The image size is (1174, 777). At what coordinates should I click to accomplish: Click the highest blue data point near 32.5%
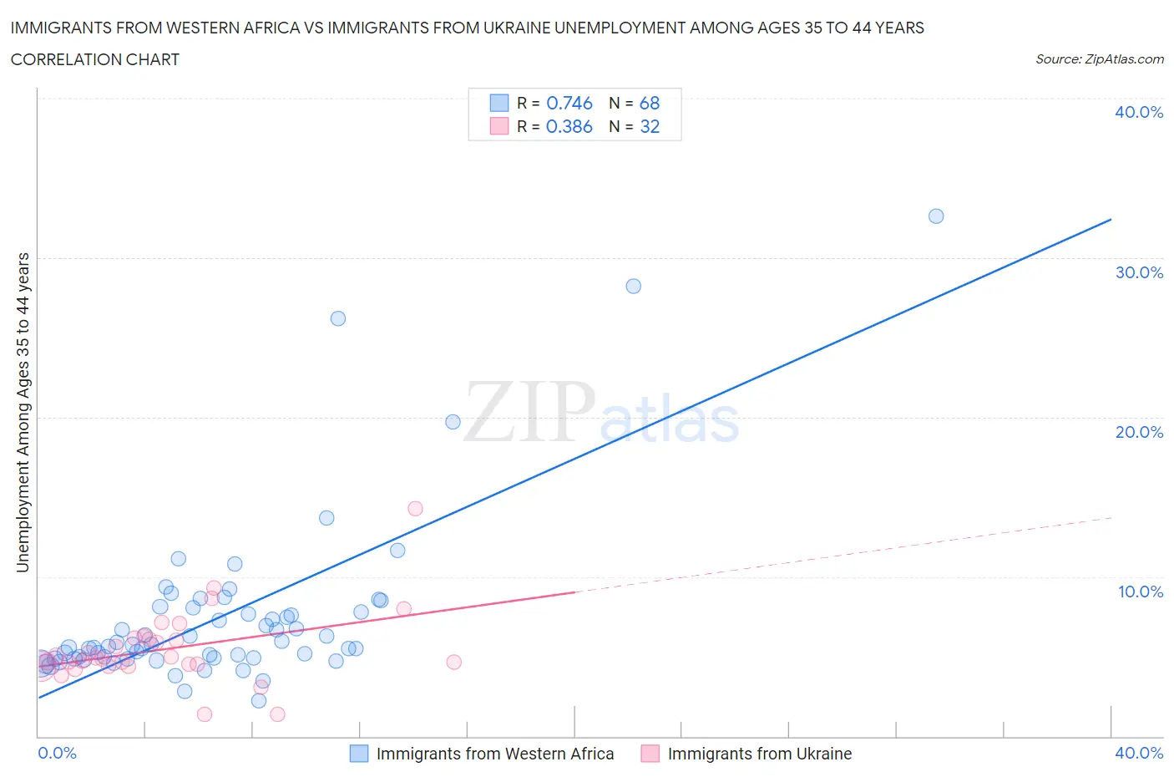(936, 216)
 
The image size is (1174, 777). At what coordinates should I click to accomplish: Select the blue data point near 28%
(634, 287)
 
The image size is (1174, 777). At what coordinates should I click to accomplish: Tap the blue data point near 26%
(338, 318)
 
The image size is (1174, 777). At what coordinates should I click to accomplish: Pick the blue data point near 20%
(453, 422)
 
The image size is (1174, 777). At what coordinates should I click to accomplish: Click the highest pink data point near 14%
(415, 509)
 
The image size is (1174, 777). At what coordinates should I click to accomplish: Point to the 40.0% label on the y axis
(1139, 112)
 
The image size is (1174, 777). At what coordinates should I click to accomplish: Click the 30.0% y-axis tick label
(1139, 272)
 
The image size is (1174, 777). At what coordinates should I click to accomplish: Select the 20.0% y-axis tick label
(1139, 432)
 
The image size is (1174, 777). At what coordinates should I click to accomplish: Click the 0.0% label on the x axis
(57, 753)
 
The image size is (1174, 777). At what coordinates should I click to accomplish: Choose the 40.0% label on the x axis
(1139, 753)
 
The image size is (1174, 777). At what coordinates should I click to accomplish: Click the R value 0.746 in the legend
(569, 103)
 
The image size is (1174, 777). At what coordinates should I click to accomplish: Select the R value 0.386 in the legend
(569, 126)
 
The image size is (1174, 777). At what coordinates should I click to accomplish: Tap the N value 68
(650, 103)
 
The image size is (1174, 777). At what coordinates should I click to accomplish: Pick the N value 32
(650, 126)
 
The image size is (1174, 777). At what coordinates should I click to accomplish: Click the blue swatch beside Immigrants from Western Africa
(358, 754)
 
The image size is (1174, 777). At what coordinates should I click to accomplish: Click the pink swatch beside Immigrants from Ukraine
(650, 754)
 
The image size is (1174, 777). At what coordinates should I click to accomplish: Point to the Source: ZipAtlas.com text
(1099, 58)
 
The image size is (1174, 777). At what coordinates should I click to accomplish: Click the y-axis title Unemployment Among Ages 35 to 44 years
(23, 413)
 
